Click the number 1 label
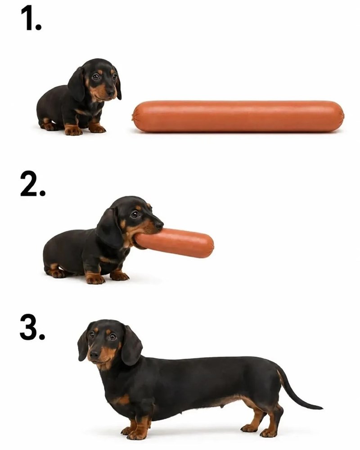click(31, 18)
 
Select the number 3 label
click(32, 327)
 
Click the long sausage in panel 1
click(238, 116)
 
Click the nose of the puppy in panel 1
click(111, 92)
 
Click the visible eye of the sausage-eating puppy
click(135, 214)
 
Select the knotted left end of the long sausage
click(134, 116)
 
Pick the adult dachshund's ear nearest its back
click(131, 345)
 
